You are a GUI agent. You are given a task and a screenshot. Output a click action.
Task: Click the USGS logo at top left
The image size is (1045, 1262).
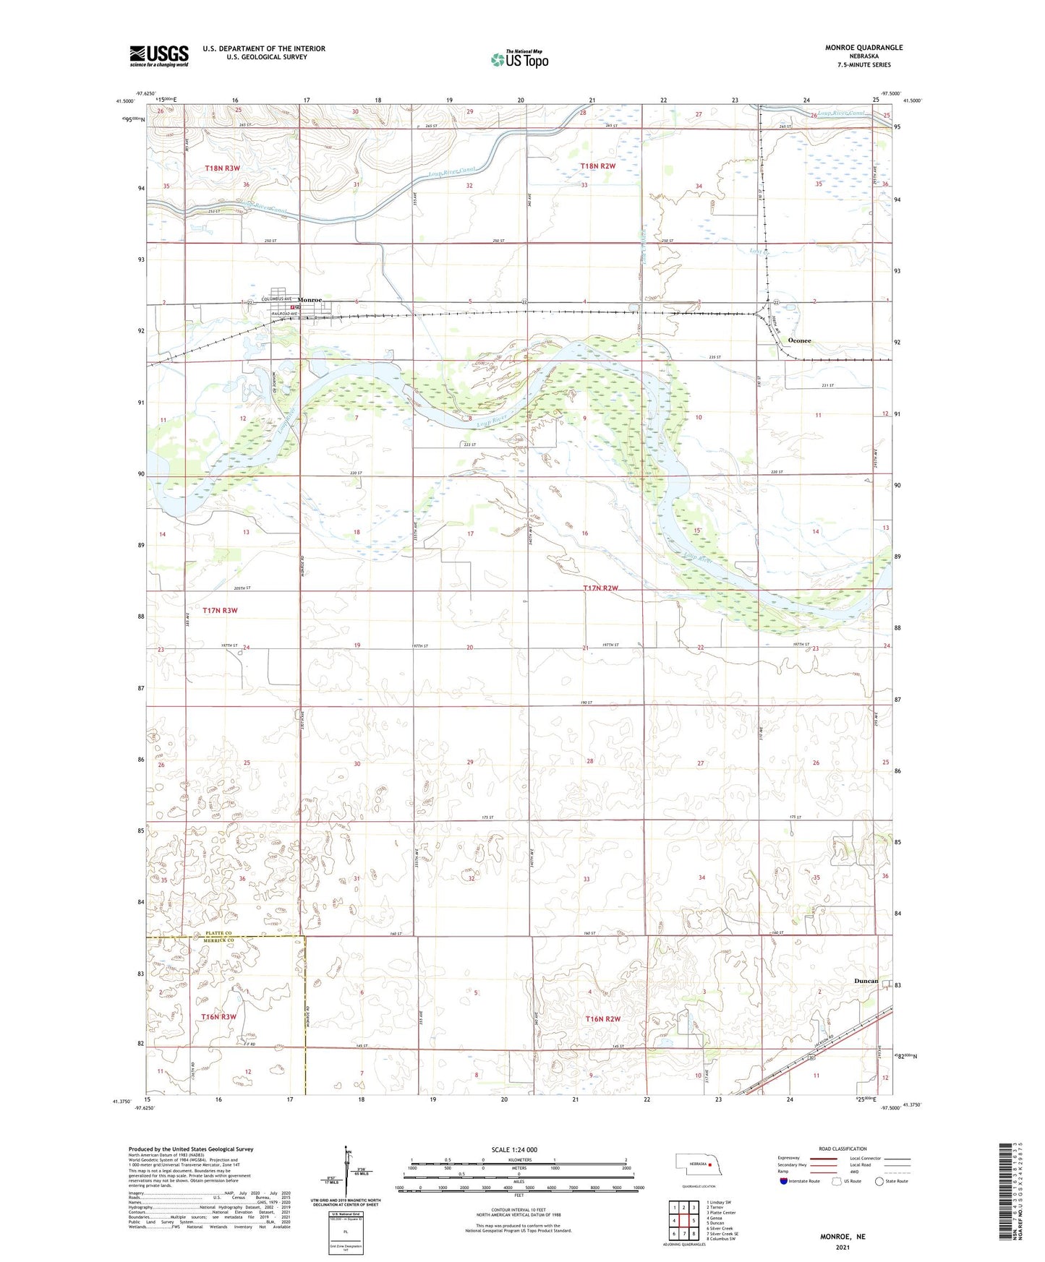159,56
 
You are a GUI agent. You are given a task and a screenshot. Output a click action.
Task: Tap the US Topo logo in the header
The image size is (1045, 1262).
519,59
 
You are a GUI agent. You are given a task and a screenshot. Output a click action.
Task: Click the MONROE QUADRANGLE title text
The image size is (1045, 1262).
863,48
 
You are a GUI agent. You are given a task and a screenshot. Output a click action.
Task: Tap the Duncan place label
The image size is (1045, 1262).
866,981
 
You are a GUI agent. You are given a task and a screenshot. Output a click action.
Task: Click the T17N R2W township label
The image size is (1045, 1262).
601,588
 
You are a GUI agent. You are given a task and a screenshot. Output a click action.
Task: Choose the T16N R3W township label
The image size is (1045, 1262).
218,1017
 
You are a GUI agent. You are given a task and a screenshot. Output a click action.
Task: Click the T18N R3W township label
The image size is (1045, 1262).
222,168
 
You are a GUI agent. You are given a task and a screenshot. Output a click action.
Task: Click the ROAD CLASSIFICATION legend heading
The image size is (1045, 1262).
843,1149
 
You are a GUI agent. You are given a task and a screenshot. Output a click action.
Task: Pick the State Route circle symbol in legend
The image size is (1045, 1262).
879,1181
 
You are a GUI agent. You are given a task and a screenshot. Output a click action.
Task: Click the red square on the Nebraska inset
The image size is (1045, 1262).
710,1164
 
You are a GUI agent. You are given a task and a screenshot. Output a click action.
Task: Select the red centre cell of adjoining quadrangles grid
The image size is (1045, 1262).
683,1220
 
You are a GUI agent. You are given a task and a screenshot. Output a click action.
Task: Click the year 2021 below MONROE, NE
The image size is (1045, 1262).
843,1247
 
